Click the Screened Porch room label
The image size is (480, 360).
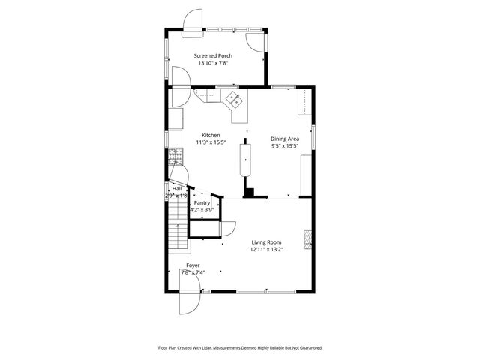[x=213, y=55]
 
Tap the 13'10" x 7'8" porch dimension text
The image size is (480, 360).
[x=213, y=64]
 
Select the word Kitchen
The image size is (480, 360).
[x=210, y=135]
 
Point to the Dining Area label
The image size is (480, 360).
[x=284, y=139]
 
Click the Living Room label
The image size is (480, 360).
[x=266, y=242]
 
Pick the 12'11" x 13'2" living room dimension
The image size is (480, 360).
[x=266, y=250]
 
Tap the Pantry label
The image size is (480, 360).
[x=202, y=202]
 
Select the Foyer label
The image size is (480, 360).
[x=193, y=265]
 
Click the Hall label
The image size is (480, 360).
[x=177, y=189]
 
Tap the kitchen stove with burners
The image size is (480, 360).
[x=175, y=157]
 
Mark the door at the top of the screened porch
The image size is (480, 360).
[x=193, y=19]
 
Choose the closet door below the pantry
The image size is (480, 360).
[x=230, y=227]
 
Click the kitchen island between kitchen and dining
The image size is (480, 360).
[x=245, y=159]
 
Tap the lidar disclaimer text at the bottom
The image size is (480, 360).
[x=239, y=348]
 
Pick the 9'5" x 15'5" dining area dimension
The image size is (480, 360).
[x=284, y=146]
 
